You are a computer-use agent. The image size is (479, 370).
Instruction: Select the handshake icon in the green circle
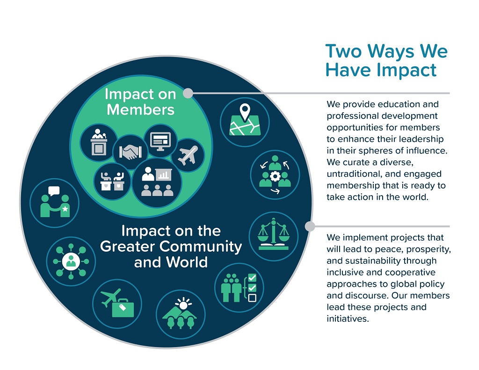click(x=131, y=152)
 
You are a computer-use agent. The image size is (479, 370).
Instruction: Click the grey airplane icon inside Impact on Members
click(x=188, y=155)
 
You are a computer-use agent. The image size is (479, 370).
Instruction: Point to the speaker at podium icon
click(x=99, y=142)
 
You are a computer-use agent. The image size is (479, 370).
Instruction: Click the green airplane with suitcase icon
click(x=117, y=303)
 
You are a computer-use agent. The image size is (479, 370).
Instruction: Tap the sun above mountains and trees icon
click(x=181, y=313)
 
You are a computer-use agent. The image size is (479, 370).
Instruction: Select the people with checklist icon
click(x=239, y=288)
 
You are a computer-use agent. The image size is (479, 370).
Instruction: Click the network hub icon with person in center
click(x=71, y=261)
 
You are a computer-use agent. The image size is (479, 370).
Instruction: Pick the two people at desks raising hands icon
click(x=112, y=181)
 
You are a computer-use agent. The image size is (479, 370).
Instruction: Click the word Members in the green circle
click(x=140, y=109)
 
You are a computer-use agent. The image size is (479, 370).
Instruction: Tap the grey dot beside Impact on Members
click(x=188, y=93)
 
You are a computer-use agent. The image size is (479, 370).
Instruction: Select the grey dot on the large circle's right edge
click(x=310, y=226)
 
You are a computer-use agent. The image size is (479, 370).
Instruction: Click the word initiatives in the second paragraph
click(x=348, y=319)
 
